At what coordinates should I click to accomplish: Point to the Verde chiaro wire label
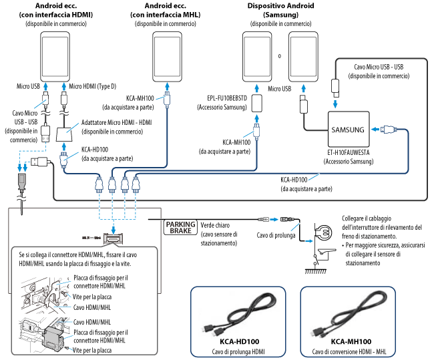(x=218, y=226)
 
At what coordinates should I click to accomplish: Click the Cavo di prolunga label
(x=274, y=235)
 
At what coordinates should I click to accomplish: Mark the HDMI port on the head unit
(x=116, y=238)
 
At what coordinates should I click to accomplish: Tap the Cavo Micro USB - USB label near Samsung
(x=379, y=71)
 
